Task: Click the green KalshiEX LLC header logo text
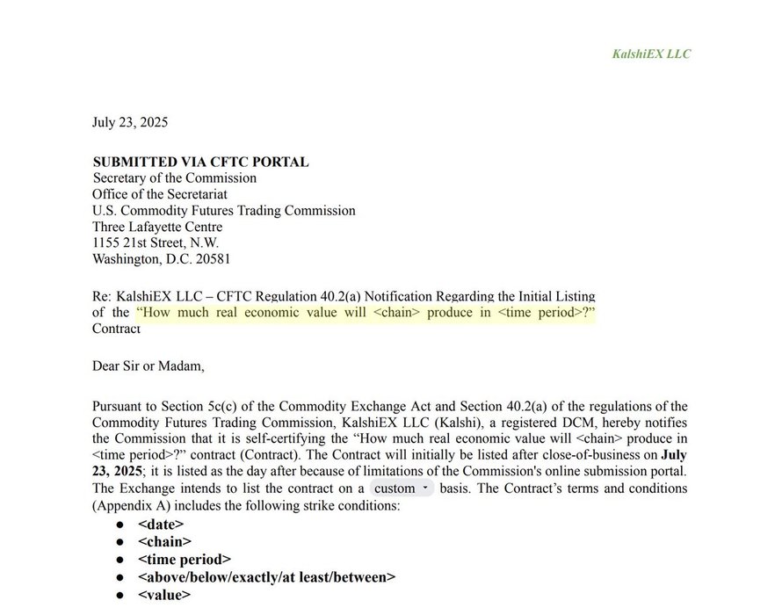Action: (651, 54)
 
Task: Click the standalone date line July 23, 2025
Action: (130, 122)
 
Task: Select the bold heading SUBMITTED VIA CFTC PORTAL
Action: (200, 162)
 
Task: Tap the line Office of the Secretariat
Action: (160, 194)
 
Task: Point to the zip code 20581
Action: (212, 259)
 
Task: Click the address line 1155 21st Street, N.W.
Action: (156, 242)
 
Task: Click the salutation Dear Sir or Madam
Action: (148, 365)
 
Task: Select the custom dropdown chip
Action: (401, 488)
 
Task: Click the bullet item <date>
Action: (161, 525)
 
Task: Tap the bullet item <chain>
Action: (164, 542)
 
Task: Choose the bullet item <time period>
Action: (185, 560)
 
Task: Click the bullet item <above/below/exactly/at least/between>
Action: (266, 577)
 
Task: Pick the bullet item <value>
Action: (163, 595)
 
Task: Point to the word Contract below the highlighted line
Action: (116, 329)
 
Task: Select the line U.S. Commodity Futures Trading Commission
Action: (223, 211)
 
